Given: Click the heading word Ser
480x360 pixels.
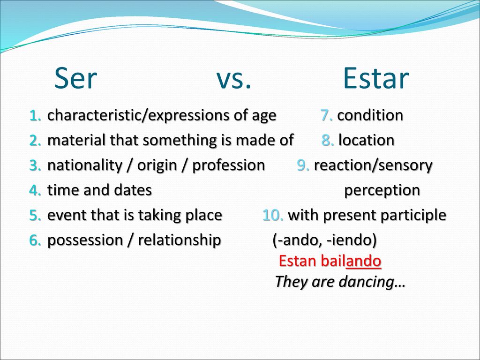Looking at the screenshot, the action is (x=75, y=78).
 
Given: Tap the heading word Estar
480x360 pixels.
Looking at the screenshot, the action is (x=376, y=78).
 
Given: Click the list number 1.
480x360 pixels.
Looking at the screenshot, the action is (x=35, y=116).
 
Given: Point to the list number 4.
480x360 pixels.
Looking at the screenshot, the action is (x=35, y=190).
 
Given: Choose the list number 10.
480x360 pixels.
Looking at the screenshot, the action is (x=273, y=215).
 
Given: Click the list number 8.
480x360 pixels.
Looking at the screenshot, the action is (x=328, y=141).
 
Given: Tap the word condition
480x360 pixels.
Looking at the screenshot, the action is (x=370, y=115).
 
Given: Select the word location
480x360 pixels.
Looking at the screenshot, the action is (x=367, y=140).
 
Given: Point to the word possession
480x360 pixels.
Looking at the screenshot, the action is (x=85, y=240).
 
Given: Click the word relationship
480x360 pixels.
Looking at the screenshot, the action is (x=180, y=240).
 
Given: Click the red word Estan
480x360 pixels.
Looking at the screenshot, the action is (x=298, y=262).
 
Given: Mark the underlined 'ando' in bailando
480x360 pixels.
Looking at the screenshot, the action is (x=363, y=262).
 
